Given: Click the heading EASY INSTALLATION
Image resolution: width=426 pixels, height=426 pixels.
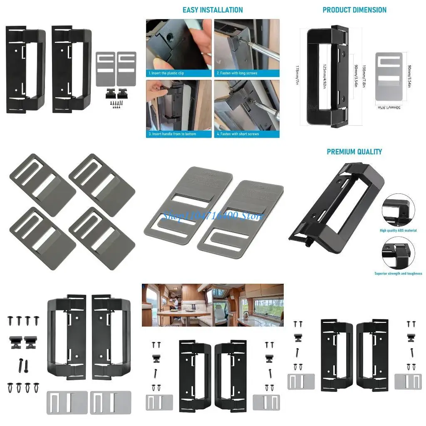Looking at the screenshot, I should [213, 10].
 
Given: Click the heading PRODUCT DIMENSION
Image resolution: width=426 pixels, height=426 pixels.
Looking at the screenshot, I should [354, 10].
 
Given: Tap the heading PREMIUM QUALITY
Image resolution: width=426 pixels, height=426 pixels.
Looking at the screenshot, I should [354, 152].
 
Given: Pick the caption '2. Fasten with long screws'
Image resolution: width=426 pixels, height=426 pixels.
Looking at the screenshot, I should [237, 73].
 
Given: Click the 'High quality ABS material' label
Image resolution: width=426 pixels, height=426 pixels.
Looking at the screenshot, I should [398, 230].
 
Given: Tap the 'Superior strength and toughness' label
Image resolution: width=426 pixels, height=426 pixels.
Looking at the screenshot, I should [398, 273].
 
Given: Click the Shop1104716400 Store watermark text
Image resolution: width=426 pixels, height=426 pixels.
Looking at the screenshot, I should [213, 215].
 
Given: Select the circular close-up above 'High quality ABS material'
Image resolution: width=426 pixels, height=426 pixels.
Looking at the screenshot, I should [398, 211].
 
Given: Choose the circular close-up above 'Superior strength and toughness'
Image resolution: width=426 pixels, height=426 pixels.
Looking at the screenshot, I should [398, 253].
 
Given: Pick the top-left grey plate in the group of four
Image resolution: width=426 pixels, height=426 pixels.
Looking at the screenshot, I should [42, 179].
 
